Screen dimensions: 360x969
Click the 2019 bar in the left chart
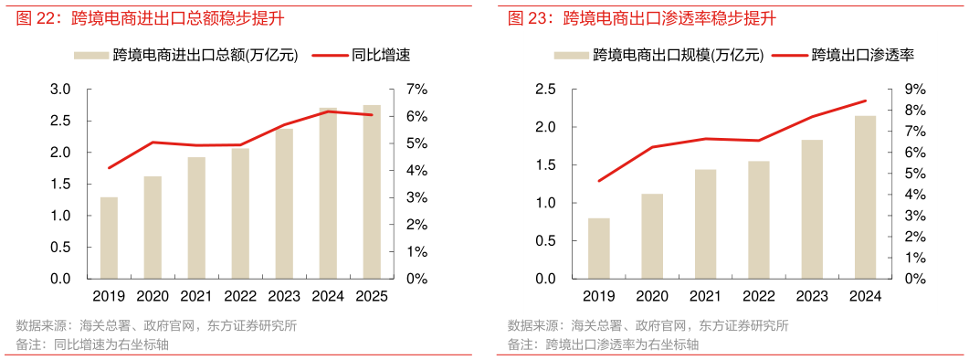pyautogui.click(x=109, y=238)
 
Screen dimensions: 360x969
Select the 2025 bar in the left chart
pyautogui.click(x=372, y=192)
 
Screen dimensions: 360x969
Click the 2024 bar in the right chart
pyautogui.click(x=865, y=196)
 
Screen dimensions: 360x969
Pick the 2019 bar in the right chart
pyautogui.click(x=599, y=248)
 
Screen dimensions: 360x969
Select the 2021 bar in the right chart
pyautogui.click(x=705, y=223)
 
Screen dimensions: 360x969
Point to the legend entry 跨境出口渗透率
pyautogui.click(x=863, y=55)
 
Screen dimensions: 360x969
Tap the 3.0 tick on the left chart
pyautogui.click(x=60, y=90)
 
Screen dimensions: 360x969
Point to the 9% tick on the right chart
pyautogui.click(x=916, y=90)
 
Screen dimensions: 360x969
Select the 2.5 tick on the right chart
pyautogui.click(x=545, y=90)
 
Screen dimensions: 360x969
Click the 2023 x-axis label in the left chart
pyautogui.click(x=284, y=296)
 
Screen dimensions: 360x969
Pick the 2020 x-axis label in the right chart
pyautogui.click(x=652, y=296)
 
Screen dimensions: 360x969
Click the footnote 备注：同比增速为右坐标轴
pyautogui.click(x=91, y=344)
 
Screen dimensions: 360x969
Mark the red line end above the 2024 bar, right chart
pyautogui.click(x=865, y=101)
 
